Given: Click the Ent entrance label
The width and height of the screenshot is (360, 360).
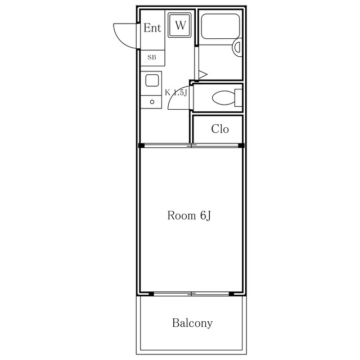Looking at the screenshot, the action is tap(152, 28).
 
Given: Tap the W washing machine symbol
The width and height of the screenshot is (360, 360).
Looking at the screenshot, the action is tap(179, 25).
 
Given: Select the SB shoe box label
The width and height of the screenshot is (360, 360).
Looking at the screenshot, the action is tap(152, 57).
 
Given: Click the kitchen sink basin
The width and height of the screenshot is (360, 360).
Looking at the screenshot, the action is tap(152, 80).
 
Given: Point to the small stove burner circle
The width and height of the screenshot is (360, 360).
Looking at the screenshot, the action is tap(152, 102).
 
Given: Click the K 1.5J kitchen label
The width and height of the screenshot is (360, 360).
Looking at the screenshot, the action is tap(176, 92).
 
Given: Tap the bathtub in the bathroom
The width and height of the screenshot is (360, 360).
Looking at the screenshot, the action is tap(220, 26).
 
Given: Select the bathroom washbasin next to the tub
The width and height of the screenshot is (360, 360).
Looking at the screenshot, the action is tap(237, 47).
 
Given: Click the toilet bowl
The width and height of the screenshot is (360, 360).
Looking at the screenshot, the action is tap(223, 98).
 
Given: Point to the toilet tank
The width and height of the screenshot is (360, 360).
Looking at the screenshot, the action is tap(238, 98).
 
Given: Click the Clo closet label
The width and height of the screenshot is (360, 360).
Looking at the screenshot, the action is tap(220, 129).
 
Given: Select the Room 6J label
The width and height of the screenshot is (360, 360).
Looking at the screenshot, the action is tap(189, 215).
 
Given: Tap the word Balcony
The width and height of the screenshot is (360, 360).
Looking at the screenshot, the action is tap(192, 323).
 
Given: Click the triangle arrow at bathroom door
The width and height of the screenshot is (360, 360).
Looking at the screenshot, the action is tap(202, 74).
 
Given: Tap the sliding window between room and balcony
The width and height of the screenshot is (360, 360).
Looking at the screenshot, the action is tap(191, 294).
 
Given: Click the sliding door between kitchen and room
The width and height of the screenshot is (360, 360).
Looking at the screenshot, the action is tap(191, 145).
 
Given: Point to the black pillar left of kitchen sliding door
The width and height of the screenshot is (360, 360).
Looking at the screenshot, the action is tap(141, 146).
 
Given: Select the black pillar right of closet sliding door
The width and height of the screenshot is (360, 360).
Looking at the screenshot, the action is tap(241, 146).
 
